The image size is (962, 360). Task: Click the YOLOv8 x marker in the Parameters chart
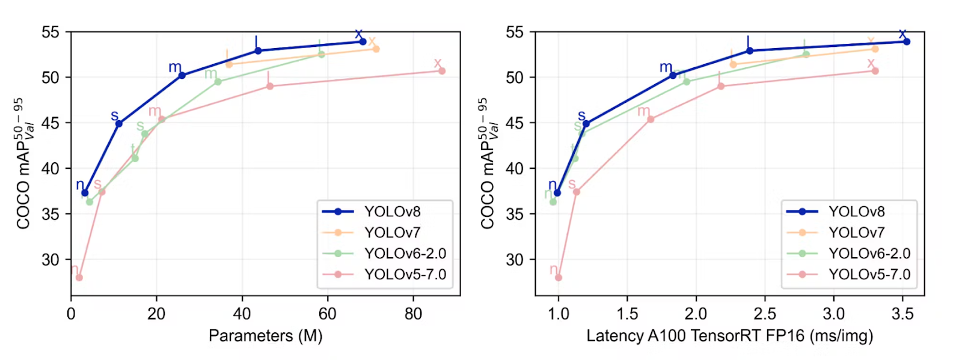point(363,41)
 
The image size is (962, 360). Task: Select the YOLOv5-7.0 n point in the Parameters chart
point(79,277)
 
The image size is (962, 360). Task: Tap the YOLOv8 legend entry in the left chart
point(392,212)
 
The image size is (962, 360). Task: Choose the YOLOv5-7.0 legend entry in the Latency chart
point(869,274)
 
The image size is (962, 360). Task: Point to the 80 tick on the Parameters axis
point(413,314)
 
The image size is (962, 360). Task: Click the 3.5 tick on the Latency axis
point(902,314)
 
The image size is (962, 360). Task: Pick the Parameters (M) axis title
point(265,335)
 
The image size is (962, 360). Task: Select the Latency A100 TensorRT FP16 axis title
point(729,335)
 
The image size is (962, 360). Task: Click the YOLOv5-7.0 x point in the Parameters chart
point(442,71)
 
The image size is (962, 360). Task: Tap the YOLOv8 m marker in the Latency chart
point(673,75)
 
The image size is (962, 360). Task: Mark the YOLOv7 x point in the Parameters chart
point(376,49)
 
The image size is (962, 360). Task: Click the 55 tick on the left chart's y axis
point(51,32)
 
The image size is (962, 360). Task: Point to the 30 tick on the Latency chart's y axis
point(515,260)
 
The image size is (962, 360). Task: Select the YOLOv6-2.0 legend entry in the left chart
point(405,253)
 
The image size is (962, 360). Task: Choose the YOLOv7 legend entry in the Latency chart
point(856,232)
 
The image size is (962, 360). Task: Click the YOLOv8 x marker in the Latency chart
point(907,41)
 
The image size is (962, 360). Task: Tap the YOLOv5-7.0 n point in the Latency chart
point(558,277)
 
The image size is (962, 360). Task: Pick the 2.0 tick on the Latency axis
point(696,314)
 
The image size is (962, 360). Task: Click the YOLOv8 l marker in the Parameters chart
point(258,50)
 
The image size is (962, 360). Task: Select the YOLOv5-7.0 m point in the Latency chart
point(650,119)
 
